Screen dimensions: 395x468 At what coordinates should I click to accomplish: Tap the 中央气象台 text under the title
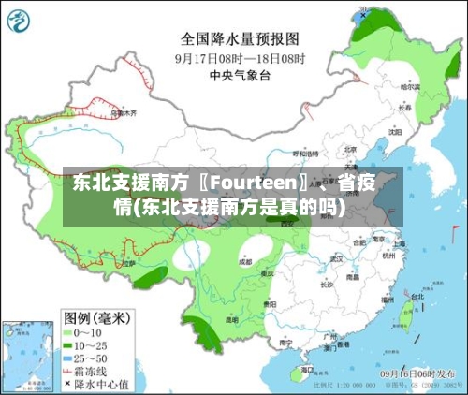(239, 75)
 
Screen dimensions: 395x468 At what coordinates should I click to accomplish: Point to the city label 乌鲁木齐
(124, 112)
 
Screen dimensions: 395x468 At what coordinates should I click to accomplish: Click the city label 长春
(404, 108)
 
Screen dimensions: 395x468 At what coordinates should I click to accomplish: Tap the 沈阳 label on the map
(395, 131)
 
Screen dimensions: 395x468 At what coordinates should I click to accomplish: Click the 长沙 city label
(326, 285)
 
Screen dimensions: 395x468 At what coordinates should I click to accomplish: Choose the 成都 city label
(245, 263)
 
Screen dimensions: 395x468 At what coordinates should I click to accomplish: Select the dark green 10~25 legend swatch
(67, 344)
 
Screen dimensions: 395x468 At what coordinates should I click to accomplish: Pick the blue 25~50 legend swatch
(67, 358)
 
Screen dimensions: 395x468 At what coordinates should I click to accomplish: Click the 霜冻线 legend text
(93, 371)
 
